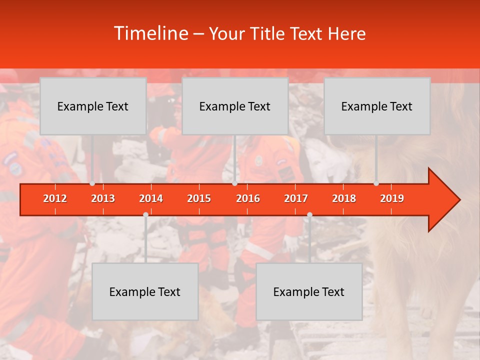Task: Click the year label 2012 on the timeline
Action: (x=55, y=198)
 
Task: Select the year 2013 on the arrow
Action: (x=103, y=198)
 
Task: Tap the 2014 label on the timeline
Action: (x=151, y=198)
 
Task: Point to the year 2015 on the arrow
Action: (x=199, y=198)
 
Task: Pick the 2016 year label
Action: (x=248, y=198)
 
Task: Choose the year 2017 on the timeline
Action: (x=296, y=198)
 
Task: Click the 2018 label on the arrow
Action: (x=344, y=198)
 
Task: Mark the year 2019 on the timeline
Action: (x=392, y=198)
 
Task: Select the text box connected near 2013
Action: (x=93, y=106)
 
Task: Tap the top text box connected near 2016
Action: (x=235, y=106)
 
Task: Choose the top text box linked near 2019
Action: (x=377, y=106)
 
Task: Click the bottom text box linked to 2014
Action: (x=145, y=291)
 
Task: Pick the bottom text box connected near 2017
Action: (x=309, y=291)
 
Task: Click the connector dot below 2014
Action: (x=145, y=214)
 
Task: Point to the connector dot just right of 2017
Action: (x=309, y=214)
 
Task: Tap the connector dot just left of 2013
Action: (x=92, y=183)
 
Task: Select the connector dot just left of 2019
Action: (x=376, y=183)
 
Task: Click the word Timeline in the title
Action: (x=150, y=33)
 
